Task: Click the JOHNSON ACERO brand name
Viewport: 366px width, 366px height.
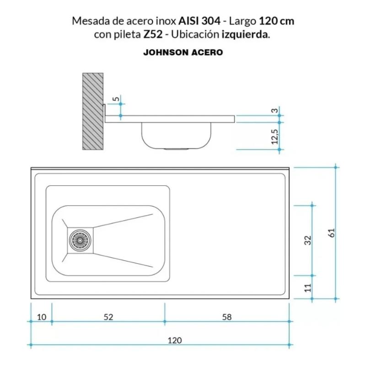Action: (x=183, y=53)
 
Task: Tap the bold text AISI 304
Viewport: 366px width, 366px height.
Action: (x=199, y=21)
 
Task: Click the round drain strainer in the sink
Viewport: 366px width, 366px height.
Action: (x=81, y=239)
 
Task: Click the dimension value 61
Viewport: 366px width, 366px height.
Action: (x=332, y=232)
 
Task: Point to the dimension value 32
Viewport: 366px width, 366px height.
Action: (x=308, y=240)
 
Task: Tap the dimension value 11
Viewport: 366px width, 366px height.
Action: (x=308, y=287)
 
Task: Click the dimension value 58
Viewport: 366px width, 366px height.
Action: (x=226, y=316)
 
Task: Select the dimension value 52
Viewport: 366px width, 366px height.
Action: (x=108, y=316)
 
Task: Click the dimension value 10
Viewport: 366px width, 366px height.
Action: (x=41, y=316)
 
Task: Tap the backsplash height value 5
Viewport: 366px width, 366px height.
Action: (x=116, y=99)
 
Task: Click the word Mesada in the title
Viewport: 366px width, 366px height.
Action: (x=87, y=21)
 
